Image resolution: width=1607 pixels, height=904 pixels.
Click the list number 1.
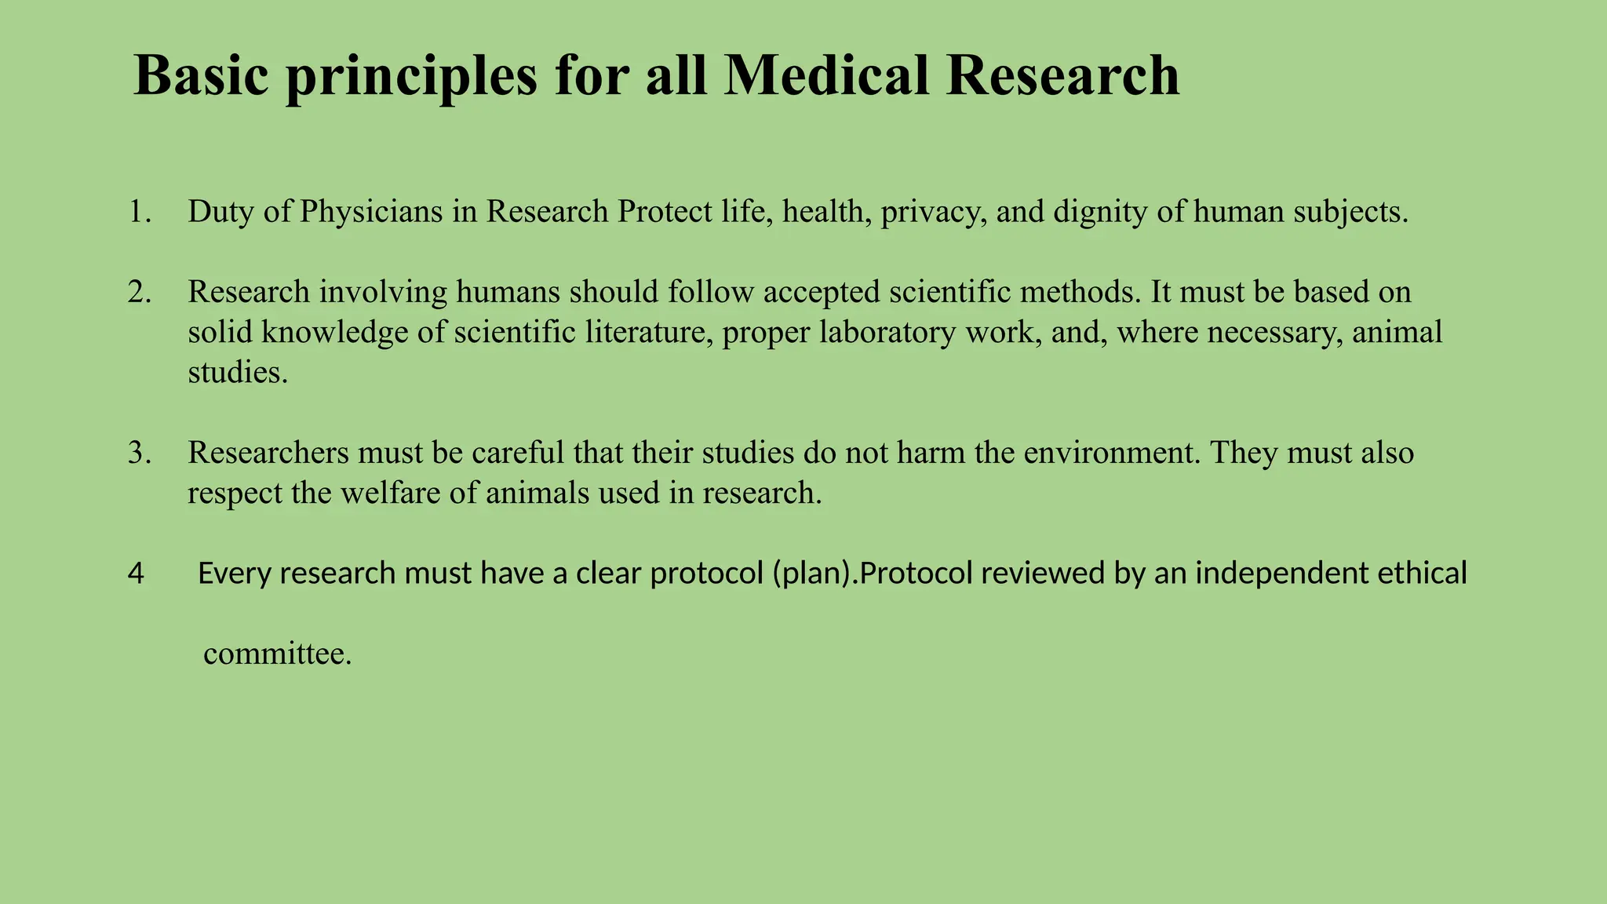139,212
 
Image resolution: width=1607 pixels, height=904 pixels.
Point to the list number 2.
139,292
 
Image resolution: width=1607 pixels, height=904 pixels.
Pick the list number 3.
139,453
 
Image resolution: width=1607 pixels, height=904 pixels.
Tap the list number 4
135,574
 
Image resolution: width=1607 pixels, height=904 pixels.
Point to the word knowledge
334,333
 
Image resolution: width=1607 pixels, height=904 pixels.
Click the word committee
277,654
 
